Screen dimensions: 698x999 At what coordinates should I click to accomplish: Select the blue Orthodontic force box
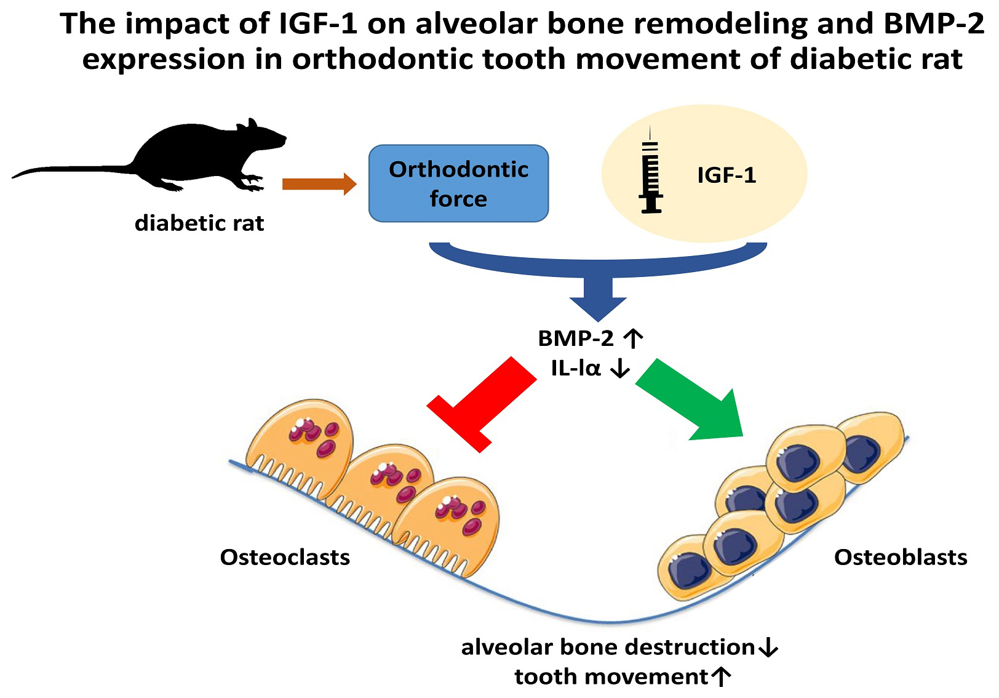point(458,183)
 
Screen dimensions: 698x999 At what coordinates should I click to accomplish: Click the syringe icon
point(651,175)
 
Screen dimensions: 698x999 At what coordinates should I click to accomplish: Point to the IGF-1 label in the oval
point(726,175)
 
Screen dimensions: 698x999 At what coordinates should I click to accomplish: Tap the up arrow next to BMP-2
point(633,338)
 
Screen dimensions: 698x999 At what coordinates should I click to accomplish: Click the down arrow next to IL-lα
point(619,368)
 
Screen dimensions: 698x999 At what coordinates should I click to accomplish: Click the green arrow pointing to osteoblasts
point(695,400)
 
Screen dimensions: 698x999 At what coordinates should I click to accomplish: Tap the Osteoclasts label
point(285,558)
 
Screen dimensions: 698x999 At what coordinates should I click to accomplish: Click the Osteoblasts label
point(900,558)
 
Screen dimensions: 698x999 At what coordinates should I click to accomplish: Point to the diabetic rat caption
point(199,223)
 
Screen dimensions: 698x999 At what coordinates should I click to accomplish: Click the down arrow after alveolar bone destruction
point(768,648)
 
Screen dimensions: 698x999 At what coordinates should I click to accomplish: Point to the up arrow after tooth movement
point(721,677)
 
